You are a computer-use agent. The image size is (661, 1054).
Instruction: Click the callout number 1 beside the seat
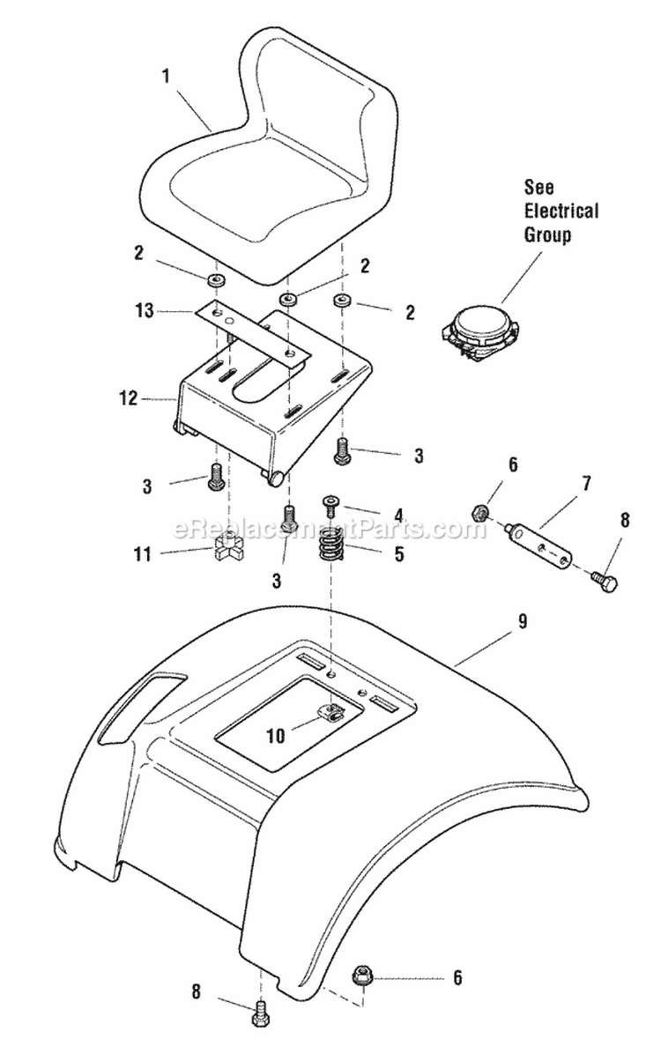164,77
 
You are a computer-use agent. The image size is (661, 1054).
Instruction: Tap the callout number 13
145,310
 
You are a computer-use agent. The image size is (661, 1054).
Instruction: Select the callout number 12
129,398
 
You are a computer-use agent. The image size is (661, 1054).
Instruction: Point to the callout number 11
142,554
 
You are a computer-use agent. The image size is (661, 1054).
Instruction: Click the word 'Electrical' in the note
561,211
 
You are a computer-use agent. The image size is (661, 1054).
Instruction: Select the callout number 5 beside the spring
398,556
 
